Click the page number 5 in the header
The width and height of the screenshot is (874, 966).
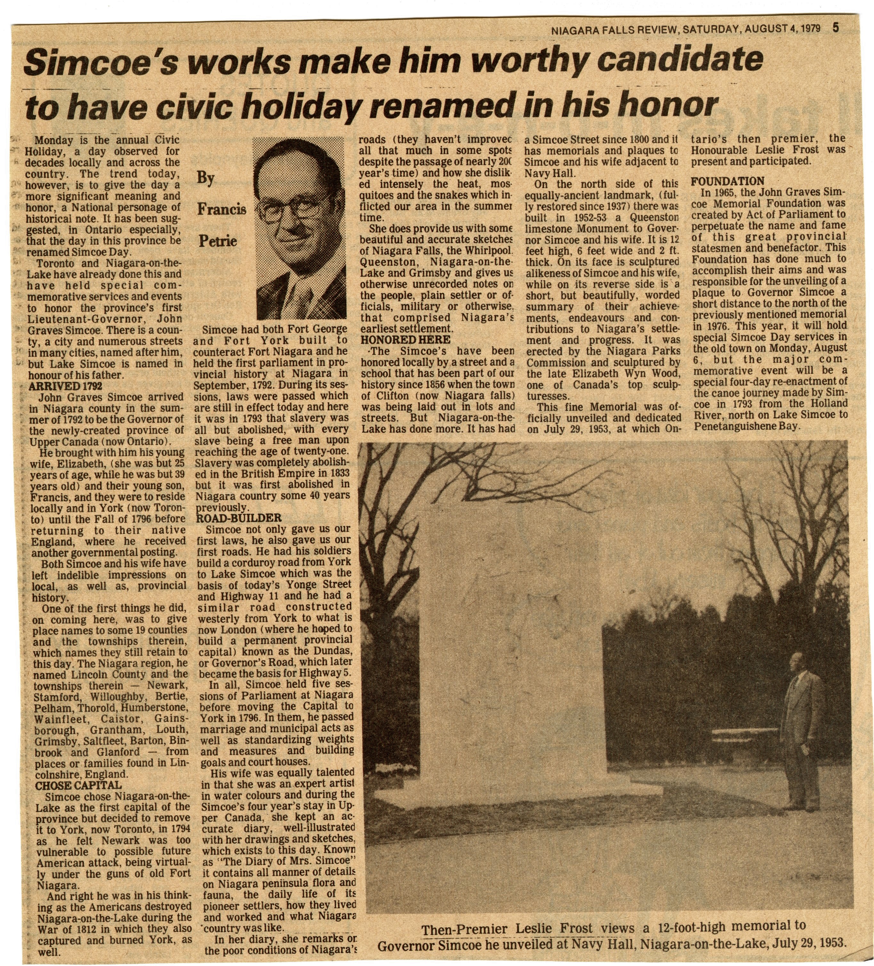(x=836, y=28)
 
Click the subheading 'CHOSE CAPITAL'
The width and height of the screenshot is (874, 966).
(x=78, y=785)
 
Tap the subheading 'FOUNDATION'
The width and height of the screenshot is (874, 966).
(x=727, y=182)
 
